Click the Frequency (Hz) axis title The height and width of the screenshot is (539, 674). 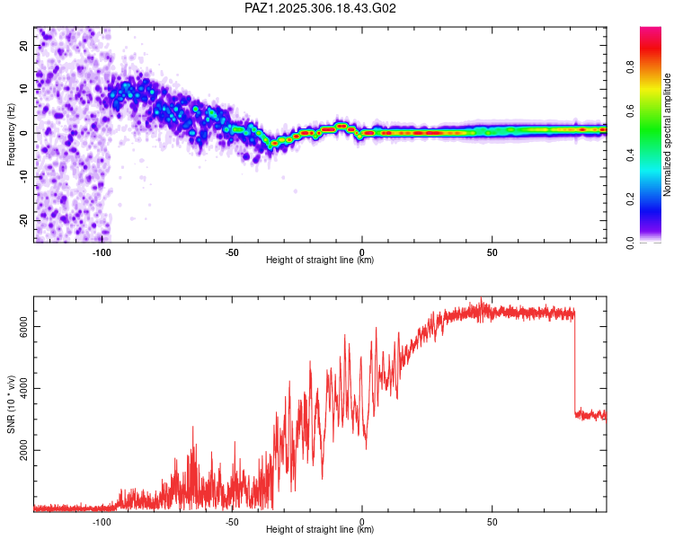click(12, 136)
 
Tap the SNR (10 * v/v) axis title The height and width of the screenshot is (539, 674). click(12, 404)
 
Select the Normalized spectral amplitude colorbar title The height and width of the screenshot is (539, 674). click(667, 135)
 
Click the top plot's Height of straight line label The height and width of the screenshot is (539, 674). click(320, 260)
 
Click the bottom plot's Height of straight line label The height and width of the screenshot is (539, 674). click(320, 529)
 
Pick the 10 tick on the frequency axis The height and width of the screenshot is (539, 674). click(24, 89)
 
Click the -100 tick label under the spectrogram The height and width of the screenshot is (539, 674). click(102, 252)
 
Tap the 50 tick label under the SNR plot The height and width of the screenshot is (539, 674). click(492, 521)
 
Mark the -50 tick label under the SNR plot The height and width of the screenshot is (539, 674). click(231, 521)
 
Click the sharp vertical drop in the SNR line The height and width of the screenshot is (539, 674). click(575, 364)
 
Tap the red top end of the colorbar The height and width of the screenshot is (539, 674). click(651, 31)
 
